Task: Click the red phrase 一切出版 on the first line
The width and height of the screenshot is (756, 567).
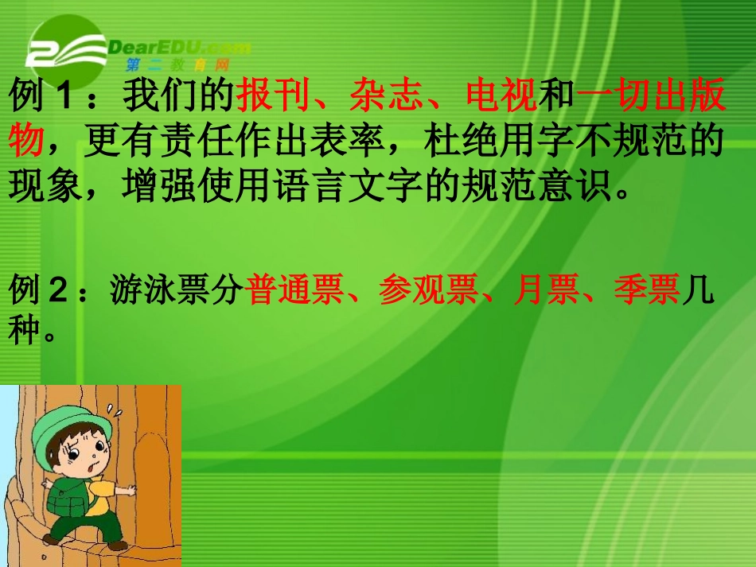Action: click(x=651, y=97)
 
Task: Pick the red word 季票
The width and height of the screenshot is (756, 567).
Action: click(x=646, y=291)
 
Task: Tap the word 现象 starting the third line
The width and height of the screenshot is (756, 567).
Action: click(x=45, y=188)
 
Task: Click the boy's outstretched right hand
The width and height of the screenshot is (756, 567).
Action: click(x=127, y=490)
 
